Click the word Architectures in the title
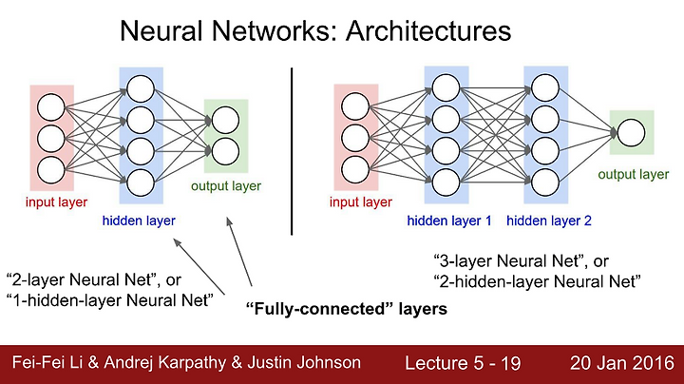[427, 31]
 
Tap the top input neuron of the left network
[51, 107]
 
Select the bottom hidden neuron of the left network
[141, 182]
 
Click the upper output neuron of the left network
[225, 120]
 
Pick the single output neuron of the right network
[631, 133]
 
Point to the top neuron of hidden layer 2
[545, 87]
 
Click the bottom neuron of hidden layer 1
[446, 182]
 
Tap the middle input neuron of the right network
[355, 139]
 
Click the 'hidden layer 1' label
[448, 221]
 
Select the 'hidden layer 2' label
[549, 221]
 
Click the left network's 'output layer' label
[226, 186]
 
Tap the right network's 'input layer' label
[361, 202]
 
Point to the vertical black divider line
[292, 151]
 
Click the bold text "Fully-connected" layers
[347, 309]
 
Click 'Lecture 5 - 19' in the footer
[463, 363]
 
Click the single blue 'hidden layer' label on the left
[139, 221]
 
